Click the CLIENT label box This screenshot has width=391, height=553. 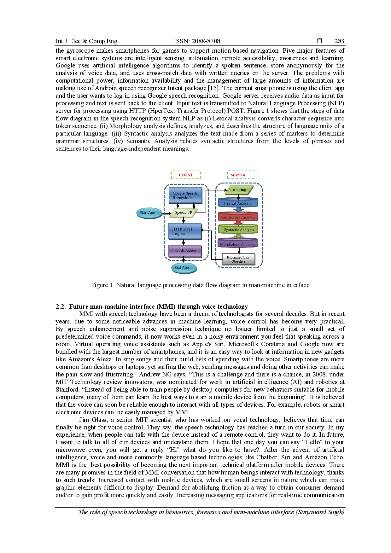click(x=186, y=175)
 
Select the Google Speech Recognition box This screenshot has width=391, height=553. click(x=185, y=195)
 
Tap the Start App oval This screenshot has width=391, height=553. click(x=148, y=213)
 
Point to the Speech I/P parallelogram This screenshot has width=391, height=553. click(x=184, y=212)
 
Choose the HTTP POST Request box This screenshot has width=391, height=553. click(x=185, y=231)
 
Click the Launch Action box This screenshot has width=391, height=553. click(x=185, y=251)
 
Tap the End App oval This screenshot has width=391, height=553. click(x=184, y=268)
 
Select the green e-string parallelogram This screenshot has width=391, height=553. click(x=239, y=190)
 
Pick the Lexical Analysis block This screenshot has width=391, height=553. click(x=238, y=203)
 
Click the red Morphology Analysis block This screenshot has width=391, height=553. click(x=238, y=217)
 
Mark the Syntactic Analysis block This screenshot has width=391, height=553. click(x=238, y=230)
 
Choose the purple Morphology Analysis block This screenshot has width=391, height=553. click(x=238, y=243)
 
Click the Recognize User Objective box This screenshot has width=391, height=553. click(x=238, y=259)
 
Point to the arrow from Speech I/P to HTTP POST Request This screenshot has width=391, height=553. click(x=184, y=220)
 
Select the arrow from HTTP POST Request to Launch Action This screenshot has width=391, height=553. click(x=184, y=242)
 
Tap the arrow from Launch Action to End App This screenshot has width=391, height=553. click(x=184, y=260)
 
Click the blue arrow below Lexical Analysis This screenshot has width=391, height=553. click(x=239, y=209)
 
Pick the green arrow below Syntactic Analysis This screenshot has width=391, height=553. click(x=239, y=236)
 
